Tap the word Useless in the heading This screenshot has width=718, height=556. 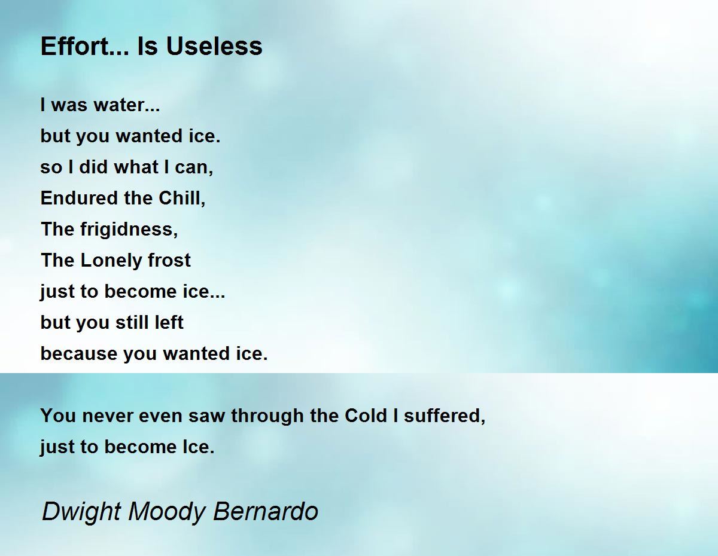coord(214,46)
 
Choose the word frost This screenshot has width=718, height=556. coord(169,261)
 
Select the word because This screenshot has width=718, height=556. coord(79,354)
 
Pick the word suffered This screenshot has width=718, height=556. coord(444,416)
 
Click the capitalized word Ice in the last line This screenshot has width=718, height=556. coord(200,447)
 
